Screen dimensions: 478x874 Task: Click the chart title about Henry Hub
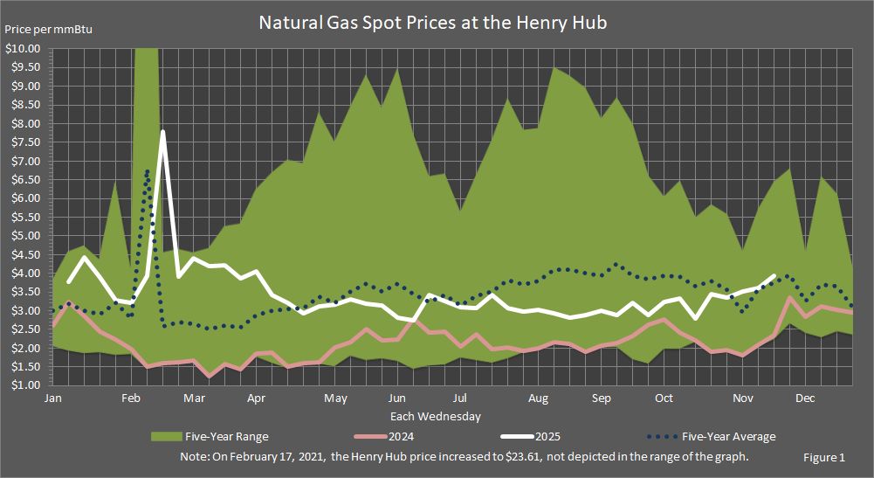pyautogui.click(x=432, y=23)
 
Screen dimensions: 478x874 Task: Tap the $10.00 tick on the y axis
pyautogui.click(x=23, y=49)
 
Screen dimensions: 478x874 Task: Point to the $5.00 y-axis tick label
pyautogui.click(x=25, y=236)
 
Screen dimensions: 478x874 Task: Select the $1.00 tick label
pyautogui.click(x=25, y=385)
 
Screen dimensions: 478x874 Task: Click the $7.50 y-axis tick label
pyautogui.click(x=25, y=142)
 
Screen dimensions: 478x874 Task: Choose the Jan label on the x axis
pyautogui.click(x=52, y=398)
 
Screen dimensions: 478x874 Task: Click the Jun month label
pyautogui.click(x=396, y=398)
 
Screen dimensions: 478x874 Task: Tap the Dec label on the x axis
pyautogui.click(x=805, y=398)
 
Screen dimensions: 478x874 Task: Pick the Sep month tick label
pyautogui.click(x=601, y=398)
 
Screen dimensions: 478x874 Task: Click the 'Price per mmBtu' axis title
pyautogui.click(x=49, y=30)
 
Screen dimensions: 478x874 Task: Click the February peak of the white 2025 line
pyautogui.click(x=162, y=132)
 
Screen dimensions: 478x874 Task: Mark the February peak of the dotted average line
pyautogui.click(x=148, y=170)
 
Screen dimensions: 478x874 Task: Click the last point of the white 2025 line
pyautogui.click(x=774, y=276)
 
